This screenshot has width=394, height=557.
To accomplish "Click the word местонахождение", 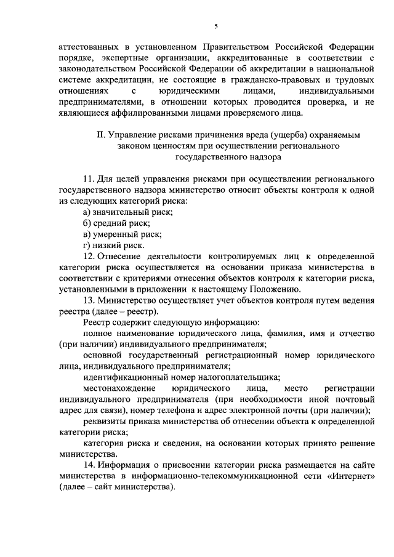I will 116,388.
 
